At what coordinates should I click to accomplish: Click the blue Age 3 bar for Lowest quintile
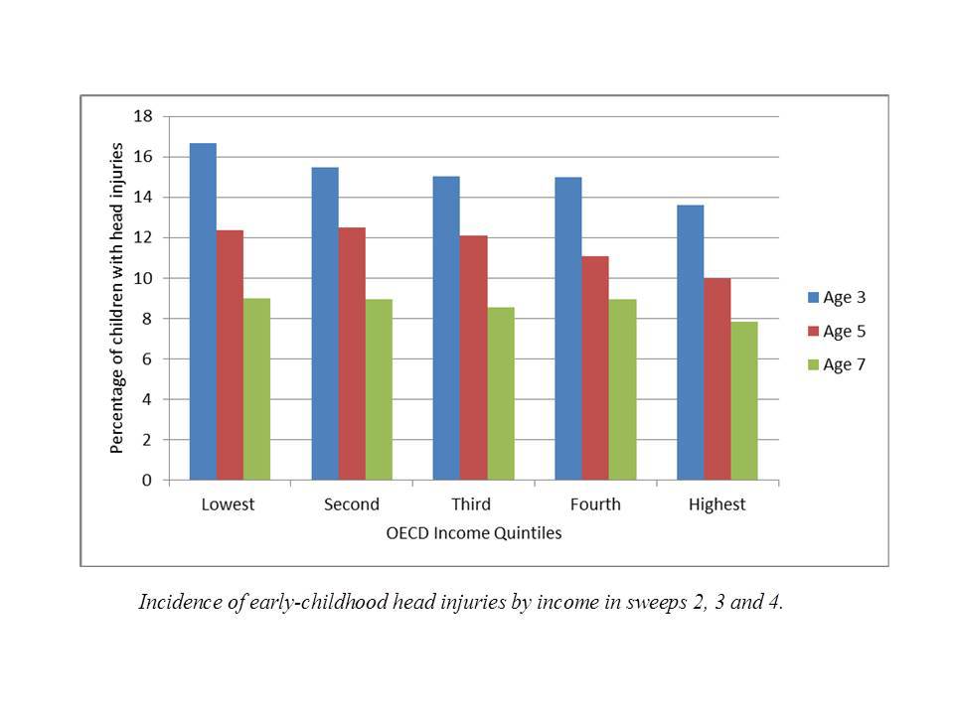(203, 312)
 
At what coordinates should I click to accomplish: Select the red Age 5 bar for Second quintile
(352, 354)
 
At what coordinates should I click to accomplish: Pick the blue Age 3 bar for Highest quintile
(690, 343)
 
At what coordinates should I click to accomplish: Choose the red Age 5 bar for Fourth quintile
(595, 368)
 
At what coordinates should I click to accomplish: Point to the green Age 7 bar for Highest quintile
(744, 401)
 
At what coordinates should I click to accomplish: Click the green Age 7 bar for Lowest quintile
(256, 389)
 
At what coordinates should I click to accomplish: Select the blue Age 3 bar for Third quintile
(446, 328)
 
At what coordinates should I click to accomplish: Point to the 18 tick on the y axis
(143, 116)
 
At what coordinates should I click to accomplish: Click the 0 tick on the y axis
(147, 481)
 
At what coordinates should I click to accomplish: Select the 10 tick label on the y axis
(143, 278)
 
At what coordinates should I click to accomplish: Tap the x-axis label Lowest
(228, 504)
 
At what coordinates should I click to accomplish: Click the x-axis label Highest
(716, 504)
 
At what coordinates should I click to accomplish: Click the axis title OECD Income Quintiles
(473, 533)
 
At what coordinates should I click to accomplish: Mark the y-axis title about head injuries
(117, 298)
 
